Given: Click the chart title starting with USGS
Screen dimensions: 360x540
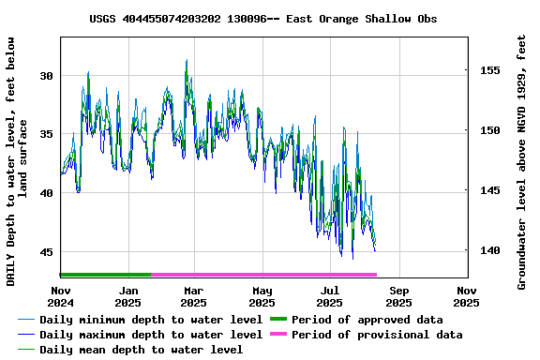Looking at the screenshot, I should [x=262, y=19].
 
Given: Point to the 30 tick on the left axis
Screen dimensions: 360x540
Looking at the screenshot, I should [x=48, y=75].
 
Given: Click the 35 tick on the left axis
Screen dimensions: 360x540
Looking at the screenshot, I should [x=48, y=134].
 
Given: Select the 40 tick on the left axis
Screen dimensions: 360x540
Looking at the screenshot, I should [x=48, y=193].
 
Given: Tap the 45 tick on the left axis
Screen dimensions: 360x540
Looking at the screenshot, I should [x=48, y=252].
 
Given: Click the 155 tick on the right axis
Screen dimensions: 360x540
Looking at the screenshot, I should [x=488, y=70].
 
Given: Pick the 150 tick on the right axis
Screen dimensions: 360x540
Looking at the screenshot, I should [x=488, y=130].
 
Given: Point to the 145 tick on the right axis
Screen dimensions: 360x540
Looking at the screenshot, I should [x=488, y=190].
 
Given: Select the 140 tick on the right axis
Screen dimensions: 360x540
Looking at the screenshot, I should [x=488, y=250].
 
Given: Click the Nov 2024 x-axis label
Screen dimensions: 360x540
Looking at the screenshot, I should [x=60, y=296].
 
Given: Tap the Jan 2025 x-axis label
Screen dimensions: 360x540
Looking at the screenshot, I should [x=127, y=296].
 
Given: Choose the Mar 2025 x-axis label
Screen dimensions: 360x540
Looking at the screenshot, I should [x=193, y=296].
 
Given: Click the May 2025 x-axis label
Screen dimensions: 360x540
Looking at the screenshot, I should [x=262, y=296].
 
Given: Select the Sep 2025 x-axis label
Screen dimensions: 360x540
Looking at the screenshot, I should [x=398, y=296].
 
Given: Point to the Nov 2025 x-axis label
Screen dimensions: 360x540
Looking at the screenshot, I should [x=466, y=296].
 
